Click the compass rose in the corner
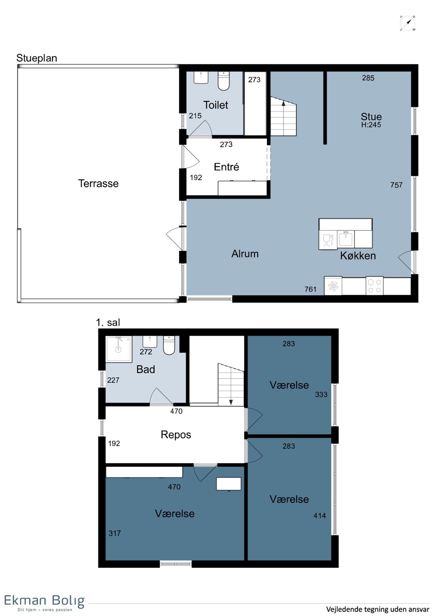click(407, 23)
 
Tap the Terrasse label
click(98, 183)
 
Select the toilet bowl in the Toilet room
click(224, 81)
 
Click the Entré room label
click(226, 167)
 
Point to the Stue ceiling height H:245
click(371, 125)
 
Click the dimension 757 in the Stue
click(396, 185)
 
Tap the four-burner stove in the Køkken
click(374, 286)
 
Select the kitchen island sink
click(346, 239)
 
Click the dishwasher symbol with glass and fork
click(328, 240)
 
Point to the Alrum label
click(245, 253)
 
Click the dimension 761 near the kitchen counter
click(311, 289)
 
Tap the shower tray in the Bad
click(119, 349)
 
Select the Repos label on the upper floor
click(176, 435)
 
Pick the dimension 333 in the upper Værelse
click(321, 395)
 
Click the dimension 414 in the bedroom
click(320, 515)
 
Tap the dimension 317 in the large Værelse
click(115, 534)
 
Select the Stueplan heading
click(37, 58)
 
